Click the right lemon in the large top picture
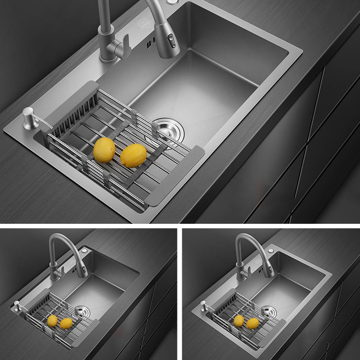[x=133, y=155]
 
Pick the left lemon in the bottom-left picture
[x=52, y=321]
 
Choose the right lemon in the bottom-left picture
[x=66, y=323]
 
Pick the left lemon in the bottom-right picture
[x=239, y=321]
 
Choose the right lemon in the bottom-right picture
[x=252, y=323]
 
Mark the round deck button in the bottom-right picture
[x=270, y=250]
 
